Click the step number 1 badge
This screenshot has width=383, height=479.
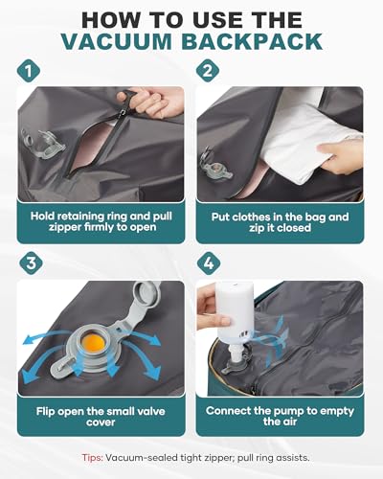click(29, 71)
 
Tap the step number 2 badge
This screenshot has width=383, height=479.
click(208, 71)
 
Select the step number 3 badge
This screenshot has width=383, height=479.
click(31, 263)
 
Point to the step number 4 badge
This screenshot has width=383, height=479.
click(209, 263)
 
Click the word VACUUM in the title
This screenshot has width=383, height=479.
click(117, 41)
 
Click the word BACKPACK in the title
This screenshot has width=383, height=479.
click(252, 41)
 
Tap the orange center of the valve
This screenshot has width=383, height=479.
click(93, 342)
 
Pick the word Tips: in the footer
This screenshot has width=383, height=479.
click(92, 458)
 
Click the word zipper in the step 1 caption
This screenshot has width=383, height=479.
click(64, 227)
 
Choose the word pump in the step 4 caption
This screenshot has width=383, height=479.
click(286, 411)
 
